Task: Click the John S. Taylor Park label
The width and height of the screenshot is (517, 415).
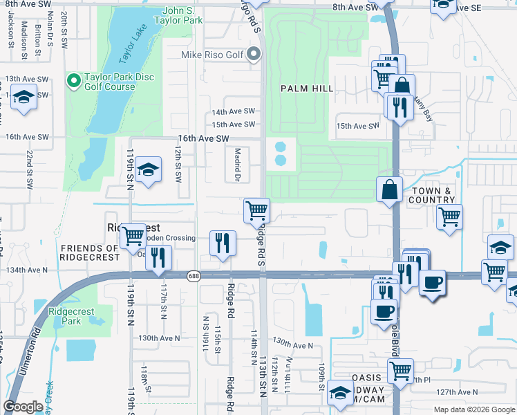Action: pos(182,16)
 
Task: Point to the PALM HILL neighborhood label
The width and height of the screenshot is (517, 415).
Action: pos(307,89)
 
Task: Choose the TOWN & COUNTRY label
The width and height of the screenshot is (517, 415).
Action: pos(432,195)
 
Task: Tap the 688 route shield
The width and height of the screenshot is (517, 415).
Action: pos(194,275)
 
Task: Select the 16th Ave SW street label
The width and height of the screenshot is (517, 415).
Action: pos(203,138)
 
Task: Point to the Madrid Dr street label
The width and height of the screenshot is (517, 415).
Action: pos(236,165)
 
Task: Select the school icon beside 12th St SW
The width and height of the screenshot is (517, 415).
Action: pos(147,169)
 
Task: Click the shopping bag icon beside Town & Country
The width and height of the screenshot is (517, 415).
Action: pos(390,188)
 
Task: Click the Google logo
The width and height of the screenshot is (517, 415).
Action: pos(23,407)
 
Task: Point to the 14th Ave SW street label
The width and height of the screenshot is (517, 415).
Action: pos(234,111)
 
